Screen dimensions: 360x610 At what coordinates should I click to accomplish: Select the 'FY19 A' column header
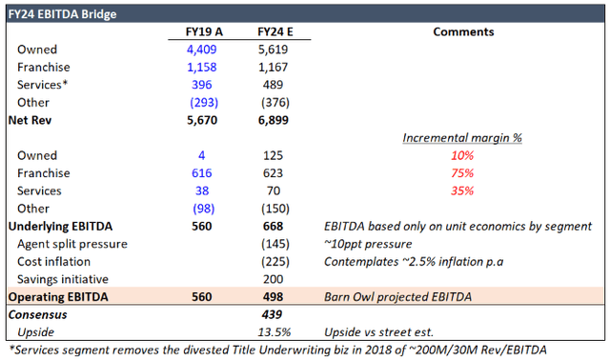pos(202,31)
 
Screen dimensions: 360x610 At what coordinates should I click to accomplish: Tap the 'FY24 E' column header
pos(274,31)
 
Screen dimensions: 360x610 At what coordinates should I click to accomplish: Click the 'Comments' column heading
pos(463,31)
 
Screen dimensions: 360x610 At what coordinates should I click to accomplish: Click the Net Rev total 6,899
pos(274,121)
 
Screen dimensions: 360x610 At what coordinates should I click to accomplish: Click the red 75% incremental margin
pos(463,172)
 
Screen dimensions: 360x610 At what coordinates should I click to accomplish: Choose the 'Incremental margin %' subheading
pos(463,138)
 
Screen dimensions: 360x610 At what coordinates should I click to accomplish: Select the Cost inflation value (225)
pos(274,260)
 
